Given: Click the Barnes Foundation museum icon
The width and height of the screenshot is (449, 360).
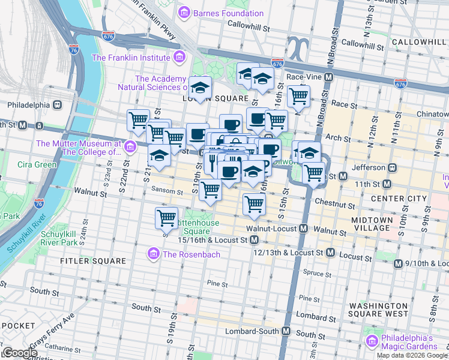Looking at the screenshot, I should pyautogui.click(x=184, y=13).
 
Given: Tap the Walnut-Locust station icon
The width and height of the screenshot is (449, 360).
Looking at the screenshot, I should pyautogui.click(x=304, y=229).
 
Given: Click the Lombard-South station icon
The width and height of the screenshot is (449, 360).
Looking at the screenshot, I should pyautogui.click(x=286, y=331).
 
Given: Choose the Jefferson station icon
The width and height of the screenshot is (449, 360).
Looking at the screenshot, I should pyautogui.click(x=391, y=167).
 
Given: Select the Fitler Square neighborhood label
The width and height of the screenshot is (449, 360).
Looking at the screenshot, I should pyautogui.click(x=92, y=262).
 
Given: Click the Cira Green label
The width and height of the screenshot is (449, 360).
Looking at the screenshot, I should pyautogui.click(x=37, y=164).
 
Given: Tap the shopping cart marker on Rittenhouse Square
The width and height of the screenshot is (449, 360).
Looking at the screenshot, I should pyautogui.click(x=166, y=217).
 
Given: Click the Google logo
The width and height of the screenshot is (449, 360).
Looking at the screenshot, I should pyautogui.click(x=20, y=353).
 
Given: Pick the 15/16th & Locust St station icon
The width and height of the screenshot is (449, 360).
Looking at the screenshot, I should pyautogui.click(x=255, y=240).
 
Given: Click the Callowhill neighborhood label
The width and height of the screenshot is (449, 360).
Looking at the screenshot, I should pyautogui.click(x=418, y=41).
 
